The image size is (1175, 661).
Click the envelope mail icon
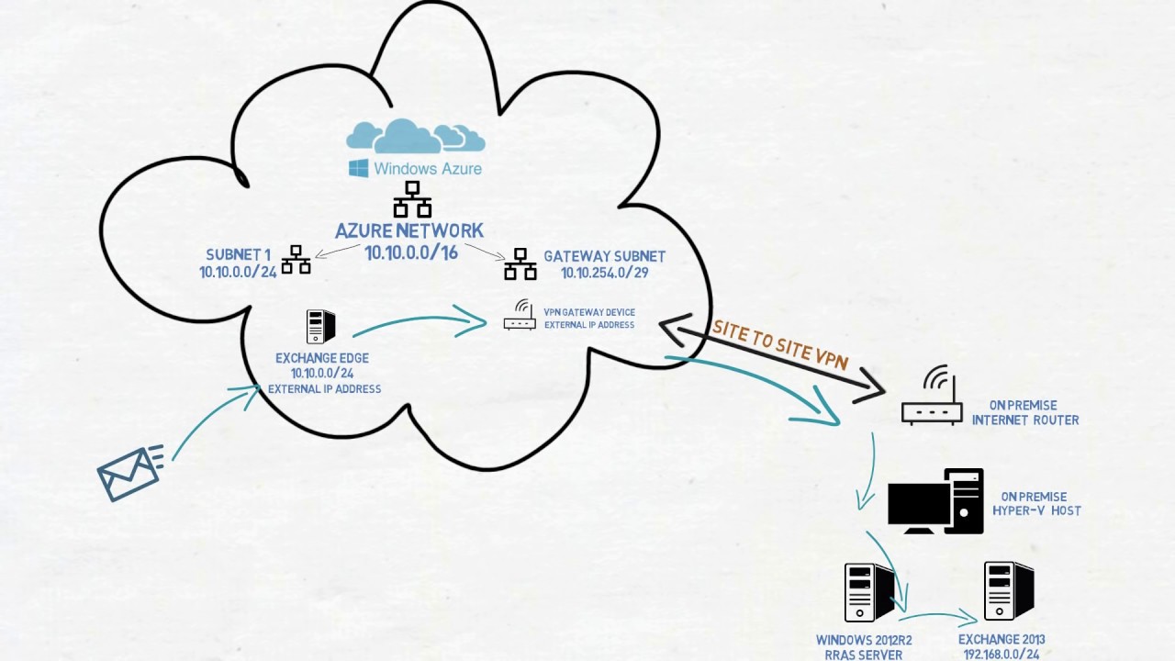click(x=129, y=473)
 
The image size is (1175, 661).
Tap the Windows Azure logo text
click(x=427, y=169)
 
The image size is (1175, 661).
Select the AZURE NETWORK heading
click(x=409, y=231)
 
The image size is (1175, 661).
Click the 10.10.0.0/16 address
click(x=411, y=252)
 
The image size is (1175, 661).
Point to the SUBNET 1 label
click(x=239, y=255)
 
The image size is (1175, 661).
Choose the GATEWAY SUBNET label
click(x=604, y=256)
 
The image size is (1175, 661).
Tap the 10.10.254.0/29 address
click(x=605, y=273)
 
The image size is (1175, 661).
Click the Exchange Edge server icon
click(x=320, y=326)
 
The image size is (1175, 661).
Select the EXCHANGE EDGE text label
click(x=322, y=358)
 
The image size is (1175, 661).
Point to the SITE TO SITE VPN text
click(x=780, y=345)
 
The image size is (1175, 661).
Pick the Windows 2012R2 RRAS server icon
click(x=868, y=592)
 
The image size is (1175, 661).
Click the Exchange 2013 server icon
click(x=1008, y=591)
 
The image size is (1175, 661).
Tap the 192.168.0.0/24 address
click(x=1002, y=655)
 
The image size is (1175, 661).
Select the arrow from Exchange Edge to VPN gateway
click(x=419, y=322)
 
